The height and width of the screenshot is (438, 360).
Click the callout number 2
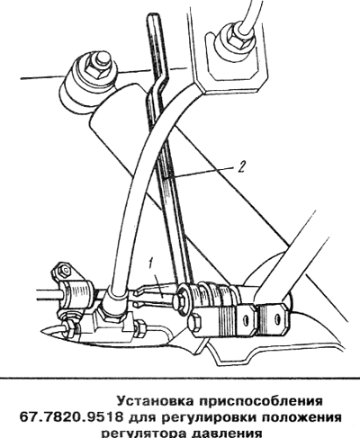tap(242, 166)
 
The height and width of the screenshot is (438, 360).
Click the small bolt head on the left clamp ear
tap(64, 271)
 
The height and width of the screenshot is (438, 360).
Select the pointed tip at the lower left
tap(43, 331)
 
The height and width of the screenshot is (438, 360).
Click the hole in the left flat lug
tap(247, 320)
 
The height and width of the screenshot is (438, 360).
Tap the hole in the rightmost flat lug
tap(277, 319)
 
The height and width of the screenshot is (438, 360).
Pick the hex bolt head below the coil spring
tap(195, 322)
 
